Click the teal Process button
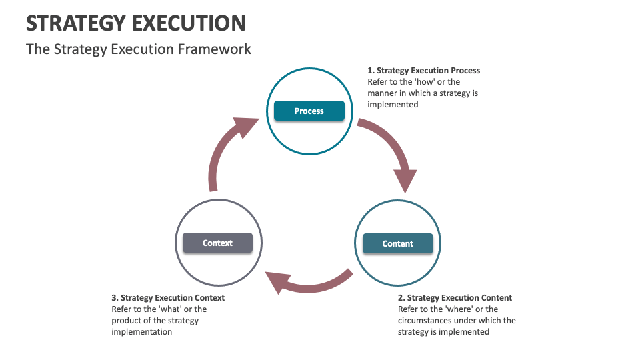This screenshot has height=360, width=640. point(309,111)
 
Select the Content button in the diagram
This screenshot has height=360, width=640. point(397,243)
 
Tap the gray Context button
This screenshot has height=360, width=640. point(217,243)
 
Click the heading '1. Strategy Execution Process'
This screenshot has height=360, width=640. point(423,71)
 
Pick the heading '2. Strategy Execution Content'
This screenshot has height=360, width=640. point(455,298)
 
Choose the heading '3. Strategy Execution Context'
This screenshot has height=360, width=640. point(168,298)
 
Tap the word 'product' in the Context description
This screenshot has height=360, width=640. point(127,321)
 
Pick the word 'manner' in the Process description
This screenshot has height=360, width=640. point(383,93)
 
